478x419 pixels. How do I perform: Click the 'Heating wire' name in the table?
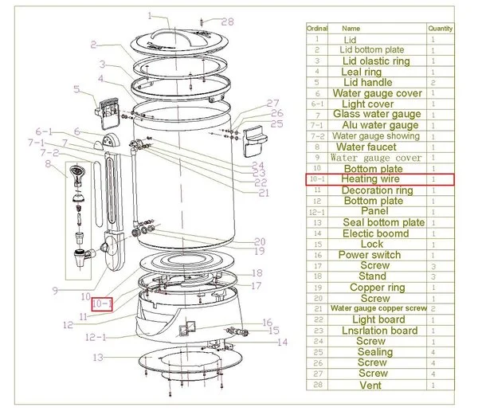coord(370,180)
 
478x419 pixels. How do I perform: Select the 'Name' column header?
coord(351,28)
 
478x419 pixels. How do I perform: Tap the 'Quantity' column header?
coord(440,28)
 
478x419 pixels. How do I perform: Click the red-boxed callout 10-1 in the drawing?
coord(102,303)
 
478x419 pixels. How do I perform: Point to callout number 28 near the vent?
coord(228,22)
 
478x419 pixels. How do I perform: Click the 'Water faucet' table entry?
coord(367,147)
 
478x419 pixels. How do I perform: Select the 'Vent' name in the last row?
coord(370,386)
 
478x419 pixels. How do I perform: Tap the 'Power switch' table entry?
coord(370,255)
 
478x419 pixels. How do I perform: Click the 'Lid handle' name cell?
coord(366,82)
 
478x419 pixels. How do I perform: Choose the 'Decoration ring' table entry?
coord(377,190)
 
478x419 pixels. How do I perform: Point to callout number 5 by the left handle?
coord(76,89)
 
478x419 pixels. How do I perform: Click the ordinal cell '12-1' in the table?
coord(317,212)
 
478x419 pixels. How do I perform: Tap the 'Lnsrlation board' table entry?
coord(379,331)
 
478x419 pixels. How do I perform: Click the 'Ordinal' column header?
coord(317,28)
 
